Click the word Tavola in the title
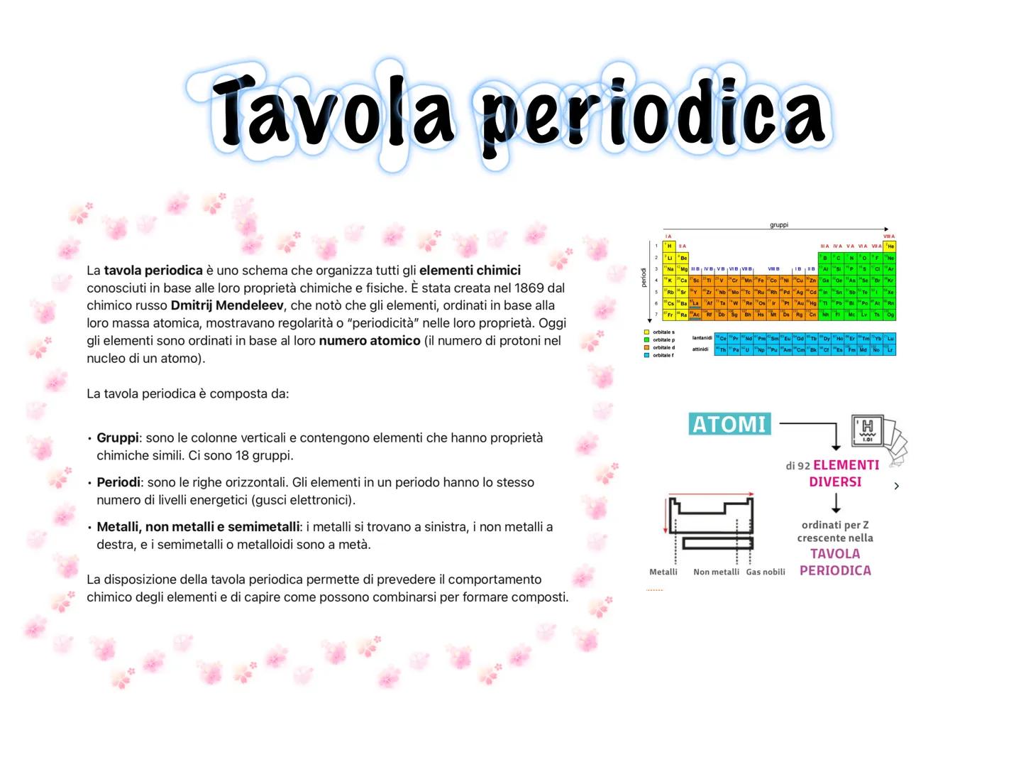[333, 112]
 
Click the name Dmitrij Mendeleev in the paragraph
[227, 305]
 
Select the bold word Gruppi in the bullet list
[118, 437]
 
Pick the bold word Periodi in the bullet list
[118, 482]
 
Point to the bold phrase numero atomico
[370, 341]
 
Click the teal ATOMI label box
[729, 424]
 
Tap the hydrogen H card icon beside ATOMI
[867, 430]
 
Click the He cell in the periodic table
[890, 246]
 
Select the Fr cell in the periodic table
[669, 315]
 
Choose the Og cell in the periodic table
[890, 315]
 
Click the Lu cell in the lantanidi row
[890, 339]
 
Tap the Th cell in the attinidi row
[721, 350]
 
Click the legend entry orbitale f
[663, 355]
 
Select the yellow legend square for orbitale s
[646, 332]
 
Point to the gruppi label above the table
[778, 225]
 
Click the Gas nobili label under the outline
[766, 572]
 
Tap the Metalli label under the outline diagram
[663, 572]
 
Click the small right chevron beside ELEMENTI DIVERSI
[897, 486]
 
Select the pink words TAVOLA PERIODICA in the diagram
[835, 562]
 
